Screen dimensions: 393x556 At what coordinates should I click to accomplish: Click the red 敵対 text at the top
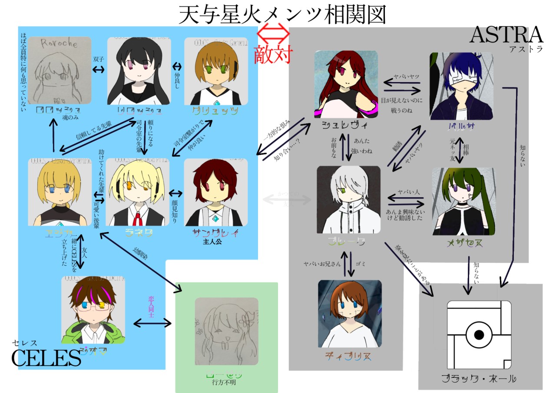(273, 54)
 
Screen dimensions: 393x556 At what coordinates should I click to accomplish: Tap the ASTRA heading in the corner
(506, 35)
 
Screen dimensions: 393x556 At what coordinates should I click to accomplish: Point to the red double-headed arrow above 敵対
(273, 32)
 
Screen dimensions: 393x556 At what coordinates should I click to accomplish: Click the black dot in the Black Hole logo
(479, 335)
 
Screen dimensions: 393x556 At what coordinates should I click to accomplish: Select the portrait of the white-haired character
(348, 199)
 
